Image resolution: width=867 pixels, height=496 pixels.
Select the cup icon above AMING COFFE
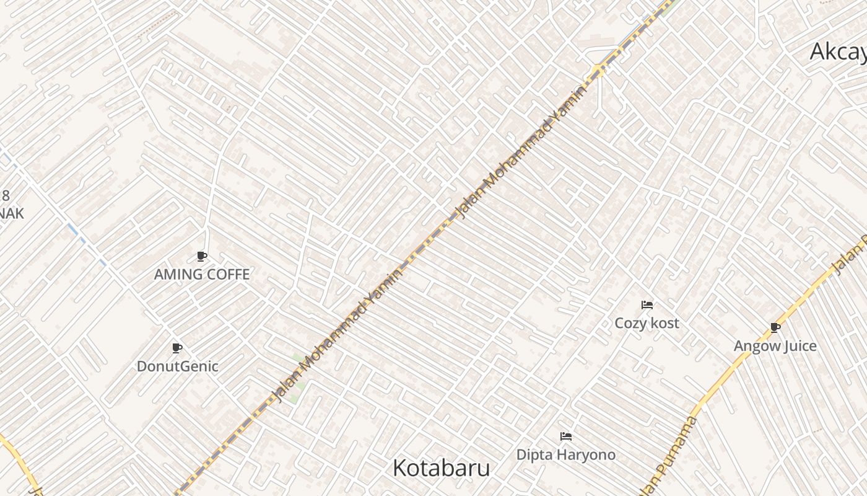click(201, 256)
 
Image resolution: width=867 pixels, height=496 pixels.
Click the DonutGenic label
click(178, 366)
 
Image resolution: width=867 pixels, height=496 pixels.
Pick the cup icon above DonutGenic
click(177, 348)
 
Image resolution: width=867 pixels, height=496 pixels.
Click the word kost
click(664, 323)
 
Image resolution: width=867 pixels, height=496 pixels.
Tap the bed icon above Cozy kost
click(647, 304)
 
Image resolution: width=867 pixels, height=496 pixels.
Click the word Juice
click(799, 346)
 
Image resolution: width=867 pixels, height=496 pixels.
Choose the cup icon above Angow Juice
click(775, 327)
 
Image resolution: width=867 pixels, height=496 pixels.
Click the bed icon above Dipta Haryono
click(565, 436)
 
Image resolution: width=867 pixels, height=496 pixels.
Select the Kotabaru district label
click(441, 468)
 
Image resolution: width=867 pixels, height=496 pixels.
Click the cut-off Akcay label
click(838, 52)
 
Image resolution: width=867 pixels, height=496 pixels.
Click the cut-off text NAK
click(12, 214)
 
